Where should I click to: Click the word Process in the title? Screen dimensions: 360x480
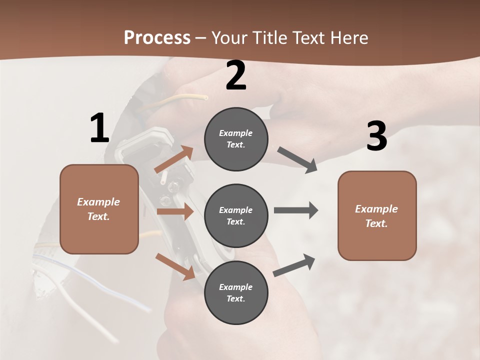[157, 37]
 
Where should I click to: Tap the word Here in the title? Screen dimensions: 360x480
[349, 37]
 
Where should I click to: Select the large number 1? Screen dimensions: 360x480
[99, 128]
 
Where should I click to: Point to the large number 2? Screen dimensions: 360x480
[236, 76]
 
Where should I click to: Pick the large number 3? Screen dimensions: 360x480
[376, 136]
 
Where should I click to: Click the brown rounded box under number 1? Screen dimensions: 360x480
[99, 209]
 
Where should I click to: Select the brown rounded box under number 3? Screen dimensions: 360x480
[377, 215]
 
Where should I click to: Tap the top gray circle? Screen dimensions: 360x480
[236, 139]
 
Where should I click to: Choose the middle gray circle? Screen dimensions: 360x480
[236, 215]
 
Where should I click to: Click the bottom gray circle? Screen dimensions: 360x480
[236, 292]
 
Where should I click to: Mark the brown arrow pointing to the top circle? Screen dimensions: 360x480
[174, 159]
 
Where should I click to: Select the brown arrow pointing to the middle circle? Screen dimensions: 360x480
[175, 211]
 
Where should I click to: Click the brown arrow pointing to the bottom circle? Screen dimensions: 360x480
[175, 266]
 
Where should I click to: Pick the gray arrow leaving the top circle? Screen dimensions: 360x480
[297, 160]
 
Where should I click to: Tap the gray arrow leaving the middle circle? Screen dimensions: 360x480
[296, 210]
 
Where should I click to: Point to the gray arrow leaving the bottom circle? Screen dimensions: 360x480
[294, 265]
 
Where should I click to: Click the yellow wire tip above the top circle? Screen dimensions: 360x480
[205, 97]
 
